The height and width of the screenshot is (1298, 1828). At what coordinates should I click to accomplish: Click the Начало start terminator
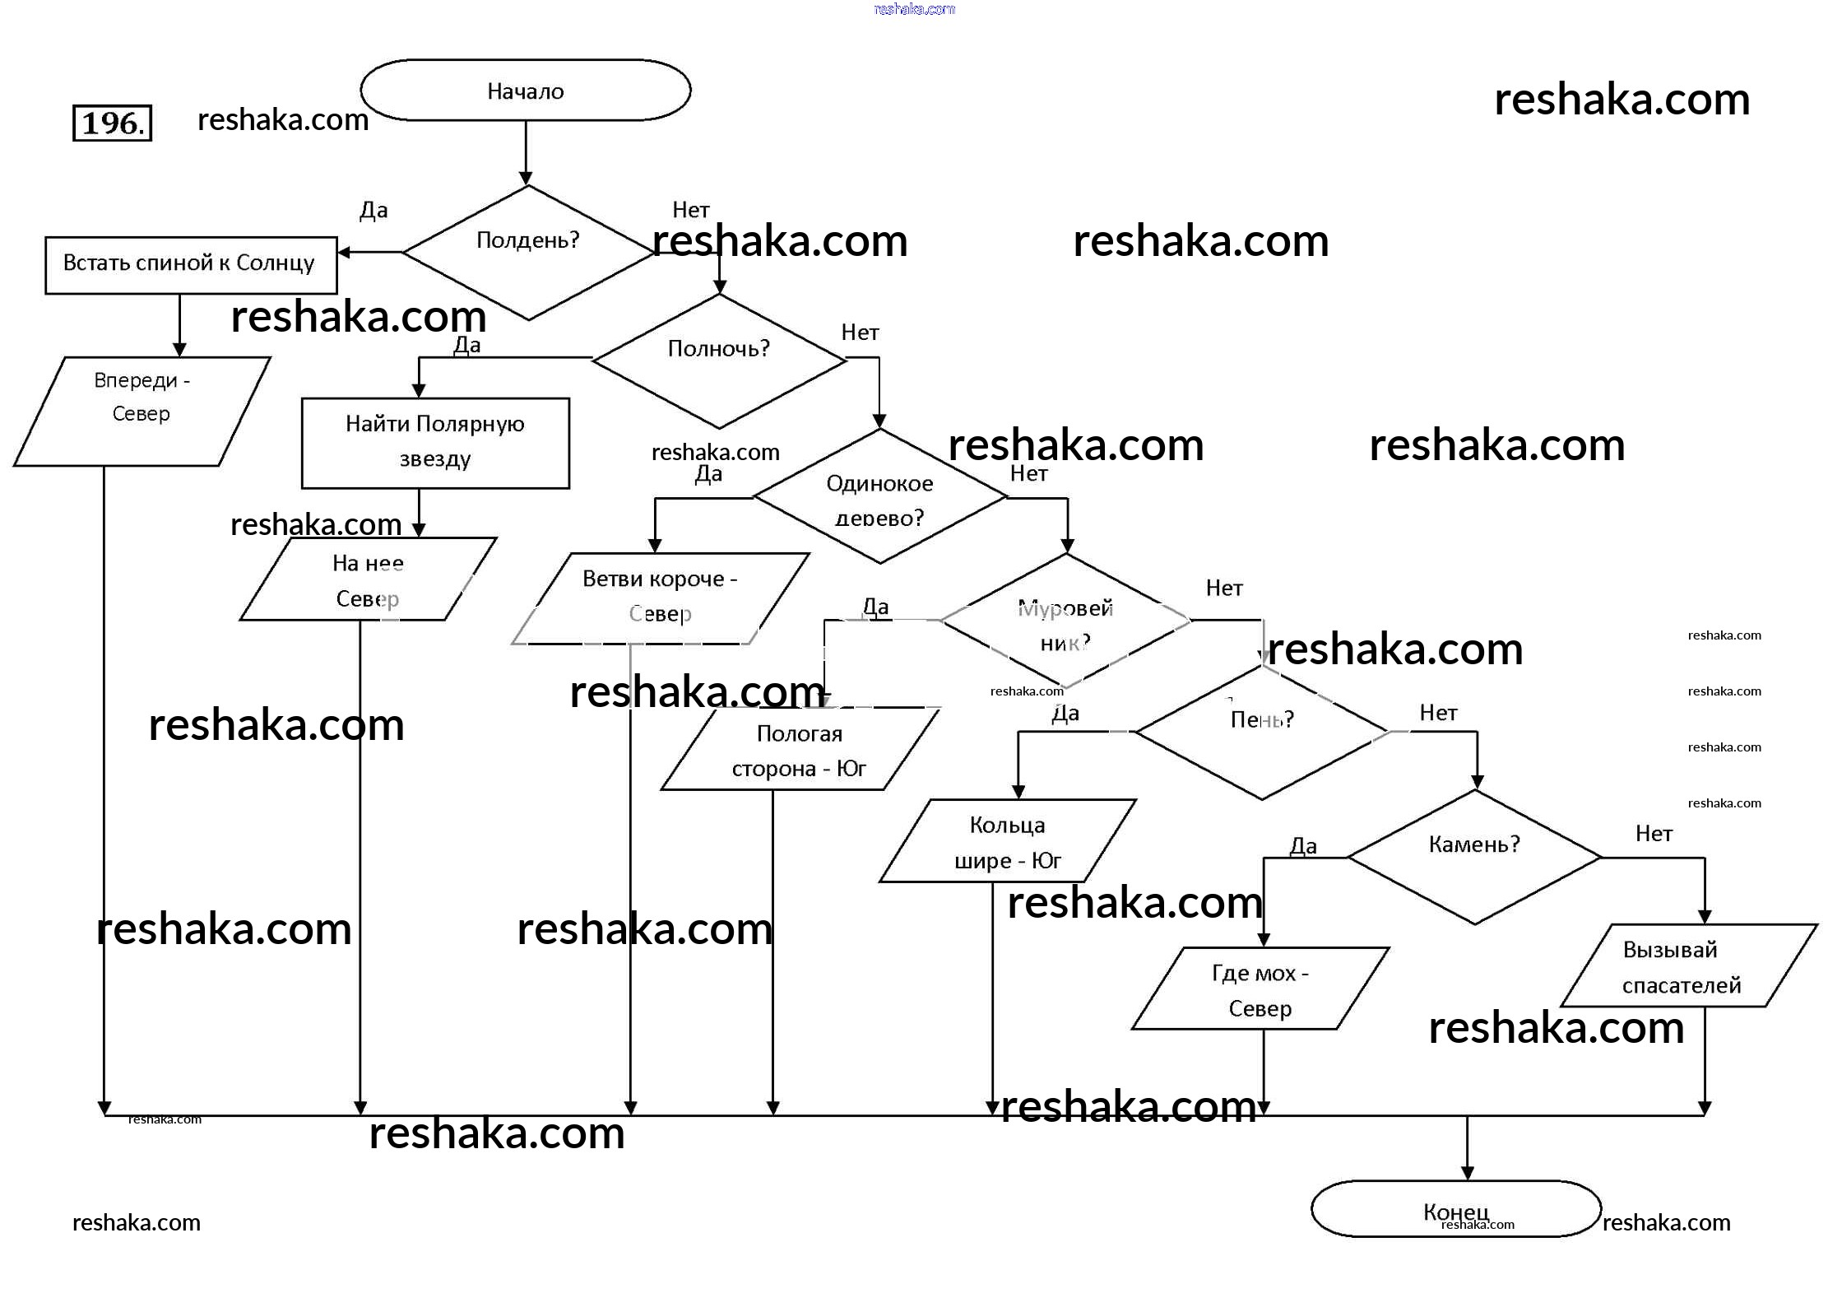(525, 91)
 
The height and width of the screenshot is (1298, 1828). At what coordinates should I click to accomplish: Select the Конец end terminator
(1455, 1209)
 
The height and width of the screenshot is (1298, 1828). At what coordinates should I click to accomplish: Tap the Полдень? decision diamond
(528, 252)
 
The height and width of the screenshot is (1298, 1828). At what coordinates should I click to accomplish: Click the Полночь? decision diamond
(719, 361)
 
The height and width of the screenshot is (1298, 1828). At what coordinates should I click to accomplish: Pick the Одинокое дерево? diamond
(879, 497)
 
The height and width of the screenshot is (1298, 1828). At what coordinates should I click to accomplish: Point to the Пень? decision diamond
(1262, 732)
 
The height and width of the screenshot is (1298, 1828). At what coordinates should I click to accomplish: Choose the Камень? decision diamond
(1474, 857)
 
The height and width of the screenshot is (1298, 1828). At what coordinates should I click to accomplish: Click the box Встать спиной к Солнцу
(191, 265)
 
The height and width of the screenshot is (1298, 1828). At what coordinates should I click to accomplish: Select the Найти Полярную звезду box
(435, 443)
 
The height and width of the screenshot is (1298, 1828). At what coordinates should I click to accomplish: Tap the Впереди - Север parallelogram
(142, 411)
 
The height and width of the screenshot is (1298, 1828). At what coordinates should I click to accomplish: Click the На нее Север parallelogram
(368, 579)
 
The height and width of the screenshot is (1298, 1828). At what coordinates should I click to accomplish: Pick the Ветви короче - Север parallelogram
(660, 598)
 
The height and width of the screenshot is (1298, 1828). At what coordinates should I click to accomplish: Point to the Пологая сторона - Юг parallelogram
(800, 750)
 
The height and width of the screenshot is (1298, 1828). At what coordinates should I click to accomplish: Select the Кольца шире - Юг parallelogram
(1007, 841)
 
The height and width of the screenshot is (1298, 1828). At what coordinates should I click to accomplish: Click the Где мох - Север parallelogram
(1260, 989)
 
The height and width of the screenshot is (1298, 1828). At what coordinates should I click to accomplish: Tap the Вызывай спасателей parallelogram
(1682, 966)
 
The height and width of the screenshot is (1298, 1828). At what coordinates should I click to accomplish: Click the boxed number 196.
(113, 123)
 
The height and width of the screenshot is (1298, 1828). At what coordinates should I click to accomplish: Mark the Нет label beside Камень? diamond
(1654, 834)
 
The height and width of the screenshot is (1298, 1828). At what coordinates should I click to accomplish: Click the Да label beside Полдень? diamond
(373, 211)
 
